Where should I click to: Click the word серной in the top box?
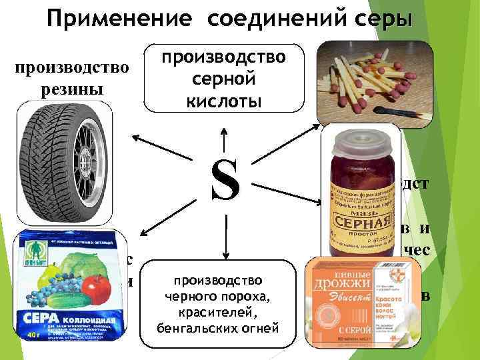tap(225, 78)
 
